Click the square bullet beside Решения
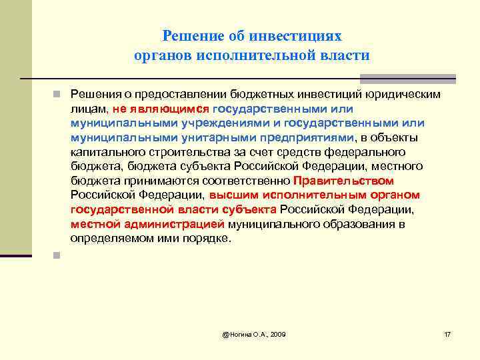coord(59,94)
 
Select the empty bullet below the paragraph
coord(59,254)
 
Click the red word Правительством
coord(343,181)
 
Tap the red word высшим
coord(229,195)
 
